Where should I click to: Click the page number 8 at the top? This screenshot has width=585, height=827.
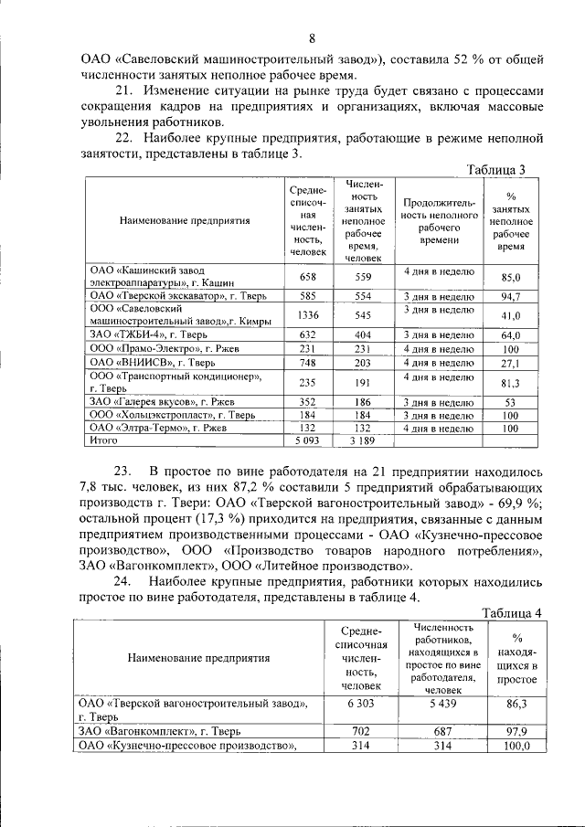pyautogui.click(x=311, y=37)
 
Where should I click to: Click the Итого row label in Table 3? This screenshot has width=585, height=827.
pyautogui.click(x=106, y=440)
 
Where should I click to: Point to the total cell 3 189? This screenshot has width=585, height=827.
pyautogui.click(x=363, y=440)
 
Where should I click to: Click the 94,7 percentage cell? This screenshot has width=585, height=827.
pyautogui.click(x=511, y=297)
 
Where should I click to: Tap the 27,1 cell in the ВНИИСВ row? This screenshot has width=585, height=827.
pyautogui.click(x=511, y=363)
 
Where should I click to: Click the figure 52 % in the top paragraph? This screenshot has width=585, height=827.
pyautogui.click(x=468, y=59)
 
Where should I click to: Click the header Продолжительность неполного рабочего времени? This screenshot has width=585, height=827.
pyautogui.click(x=439, y=220)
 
